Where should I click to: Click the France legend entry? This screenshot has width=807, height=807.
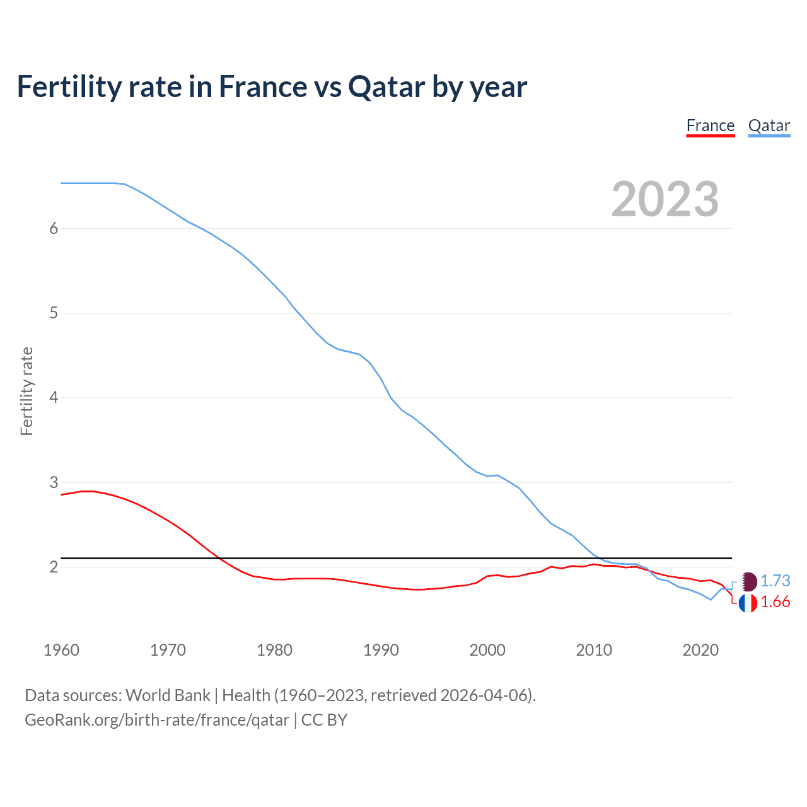710,126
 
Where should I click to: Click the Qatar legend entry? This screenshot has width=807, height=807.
769,126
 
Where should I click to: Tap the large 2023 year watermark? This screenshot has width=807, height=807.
665,199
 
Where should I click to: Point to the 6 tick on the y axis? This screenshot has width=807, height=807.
54,229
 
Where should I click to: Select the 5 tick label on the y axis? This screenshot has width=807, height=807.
54,313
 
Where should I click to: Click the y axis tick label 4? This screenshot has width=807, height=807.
54,398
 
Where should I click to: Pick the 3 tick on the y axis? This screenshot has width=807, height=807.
54,482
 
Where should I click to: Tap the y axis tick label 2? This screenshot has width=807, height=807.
54,567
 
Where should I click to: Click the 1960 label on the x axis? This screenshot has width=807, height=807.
61,650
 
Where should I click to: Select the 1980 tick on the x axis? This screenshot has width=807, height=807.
274,650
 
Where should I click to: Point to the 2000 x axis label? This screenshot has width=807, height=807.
487,650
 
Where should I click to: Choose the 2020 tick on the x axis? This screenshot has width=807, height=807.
700,650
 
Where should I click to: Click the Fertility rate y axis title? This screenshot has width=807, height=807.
26,391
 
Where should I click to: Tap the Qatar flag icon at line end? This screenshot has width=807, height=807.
748,581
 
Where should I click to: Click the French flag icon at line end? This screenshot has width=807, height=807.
748,603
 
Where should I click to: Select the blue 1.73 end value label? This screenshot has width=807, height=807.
775,581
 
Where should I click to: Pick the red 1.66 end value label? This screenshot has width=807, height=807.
775,602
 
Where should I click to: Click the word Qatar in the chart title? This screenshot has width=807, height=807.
386,87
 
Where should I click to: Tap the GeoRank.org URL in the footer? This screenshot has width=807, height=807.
157,720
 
